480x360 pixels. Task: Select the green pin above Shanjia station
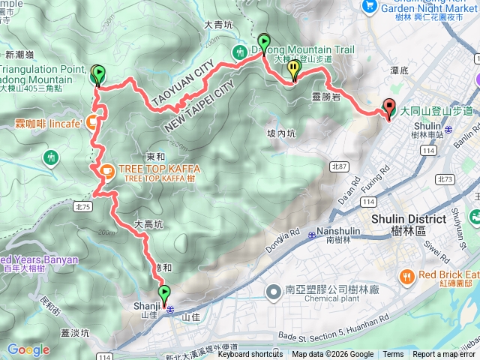164,293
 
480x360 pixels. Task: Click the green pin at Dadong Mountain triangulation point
98,73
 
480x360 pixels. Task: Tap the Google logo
28,350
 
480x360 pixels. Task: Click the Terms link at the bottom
393,355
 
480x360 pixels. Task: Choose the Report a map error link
444,355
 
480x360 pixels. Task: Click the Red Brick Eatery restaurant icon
406,276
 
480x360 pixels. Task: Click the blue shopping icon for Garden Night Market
368,6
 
